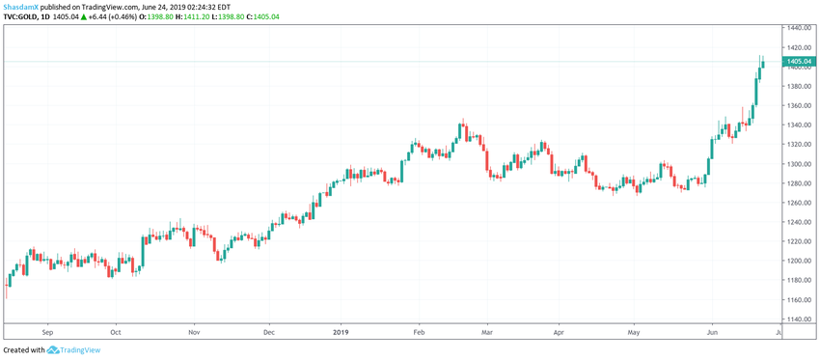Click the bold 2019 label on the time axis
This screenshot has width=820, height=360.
(341, 331)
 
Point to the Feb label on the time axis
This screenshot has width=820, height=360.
(418, 331)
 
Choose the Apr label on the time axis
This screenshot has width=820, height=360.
(558, 331)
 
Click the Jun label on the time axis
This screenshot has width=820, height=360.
(711, 331)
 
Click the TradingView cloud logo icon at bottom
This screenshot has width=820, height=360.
(54, 350)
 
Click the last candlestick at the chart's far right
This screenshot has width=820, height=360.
(763, 64)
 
